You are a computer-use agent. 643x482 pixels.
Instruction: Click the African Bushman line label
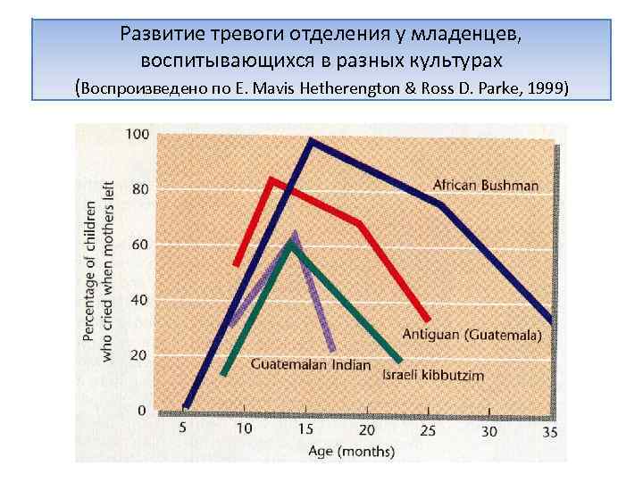486,186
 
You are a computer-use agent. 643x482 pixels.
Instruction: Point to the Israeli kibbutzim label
433,375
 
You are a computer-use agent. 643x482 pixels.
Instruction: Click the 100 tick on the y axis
138,135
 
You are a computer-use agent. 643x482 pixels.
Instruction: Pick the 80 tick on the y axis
140,189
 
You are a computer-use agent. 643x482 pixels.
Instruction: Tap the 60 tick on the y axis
140,245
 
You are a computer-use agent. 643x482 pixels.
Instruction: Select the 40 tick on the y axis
140,300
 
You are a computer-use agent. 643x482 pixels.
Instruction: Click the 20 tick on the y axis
140,355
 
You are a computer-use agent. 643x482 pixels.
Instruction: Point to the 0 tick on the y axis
143,411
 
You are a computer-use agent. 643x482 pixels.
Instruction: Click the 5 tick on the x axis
183,428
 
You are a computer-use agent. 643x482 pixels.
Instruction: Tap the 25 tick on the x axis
428,430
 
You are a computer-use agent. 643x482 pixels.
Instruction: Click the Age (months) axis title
351,452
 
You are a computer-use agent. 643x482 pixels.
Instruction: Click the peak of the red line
271,179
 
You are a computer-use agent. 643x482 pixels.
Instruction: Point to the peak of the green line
290,243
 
